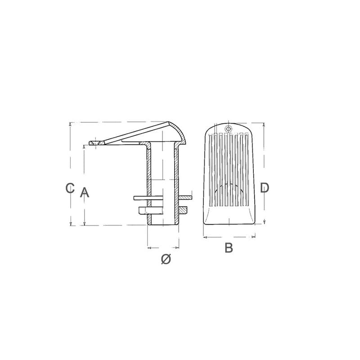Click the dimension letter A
(x=85, y=193)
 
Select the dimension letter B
(x=229, y=248)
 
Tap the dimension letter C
(x=70, y=188)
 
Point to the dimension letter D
(x=264, y=188)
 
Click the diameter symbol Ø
(x=166, y=259)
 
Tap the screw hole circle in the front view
(x=228, y=129)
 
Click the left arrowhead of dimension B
(x=206, y=237)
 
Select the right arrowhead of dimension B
(x=253, y=237)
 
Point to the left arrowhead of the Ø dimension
(x=149, y=248)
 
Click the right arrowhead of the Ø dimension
(x=177, y=248)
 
